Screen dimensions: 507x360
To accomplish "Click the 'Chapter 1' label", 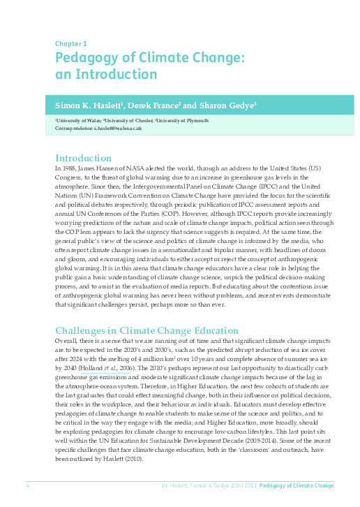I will (70, 43).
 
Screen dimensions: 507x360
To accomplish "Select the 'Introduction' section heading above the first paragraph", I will (83, 158).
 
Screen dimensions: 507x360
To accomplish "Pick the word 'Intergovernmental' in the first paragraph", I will (153, 188).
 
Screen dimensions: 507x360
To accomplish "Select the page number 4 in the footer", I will (27, 485).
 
